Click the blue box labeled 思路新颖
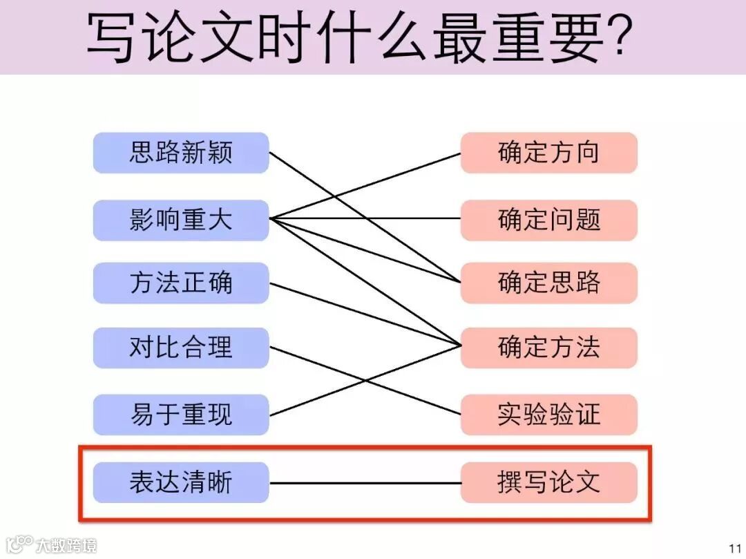click(x=181, y=153)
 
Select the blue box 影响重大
click(x=181, y=220)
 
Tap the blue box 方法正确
click(x=181, y=283)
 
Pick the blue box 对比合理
click(x=181, y=347)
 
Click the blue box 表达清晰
click(x=181, y=482)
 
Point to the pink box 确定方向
click(x=548, y=153)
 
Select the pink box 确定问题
click(x=548, y=220)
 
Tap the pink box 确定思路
click(x=548, y=283)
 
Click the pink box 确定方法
click(x=548, y=347)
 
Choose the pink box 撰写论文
click(x=548, y=482)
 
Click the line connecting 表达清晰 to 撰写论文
click(x=365, y=482)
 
